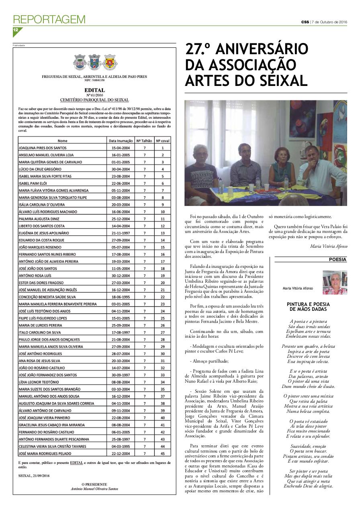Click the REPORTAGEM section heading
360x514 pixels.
tap(49, 19)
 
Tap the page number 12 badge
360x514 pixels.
tap(16, 31)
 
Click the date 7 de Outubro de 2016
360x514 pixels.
tap(329, 22)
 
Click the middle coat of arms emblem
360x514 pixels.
tap(94, 62)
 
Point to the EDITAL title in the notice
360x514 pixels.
tap(94, 90)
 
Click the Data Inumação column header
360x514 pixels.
tap(121, 141)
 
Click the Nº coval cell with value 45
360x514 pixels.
tap(163, 453)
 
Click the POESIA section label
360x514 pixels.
tap(337, 259)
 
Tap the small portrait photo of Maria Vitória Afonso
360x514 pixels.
tap(335, 282)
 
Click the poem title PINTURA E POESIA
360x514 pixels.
tap(308, 304)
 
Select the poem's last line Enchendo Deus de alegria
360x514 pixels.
tap(308, 486)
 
